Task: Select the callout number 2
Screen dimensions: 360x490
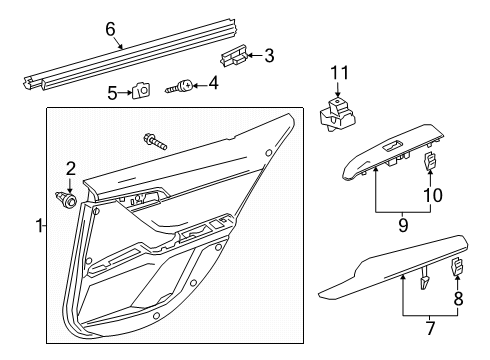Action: point(70,167)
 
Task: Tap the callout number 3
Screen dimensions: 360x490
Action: point(267,56)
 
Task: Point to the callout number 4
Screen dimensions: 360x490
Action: point(213,85)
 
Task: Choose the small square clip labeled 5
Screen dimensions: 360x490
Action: point(140,92)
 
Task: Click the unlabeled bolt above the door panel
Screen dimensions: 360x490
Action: point(156,142)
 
